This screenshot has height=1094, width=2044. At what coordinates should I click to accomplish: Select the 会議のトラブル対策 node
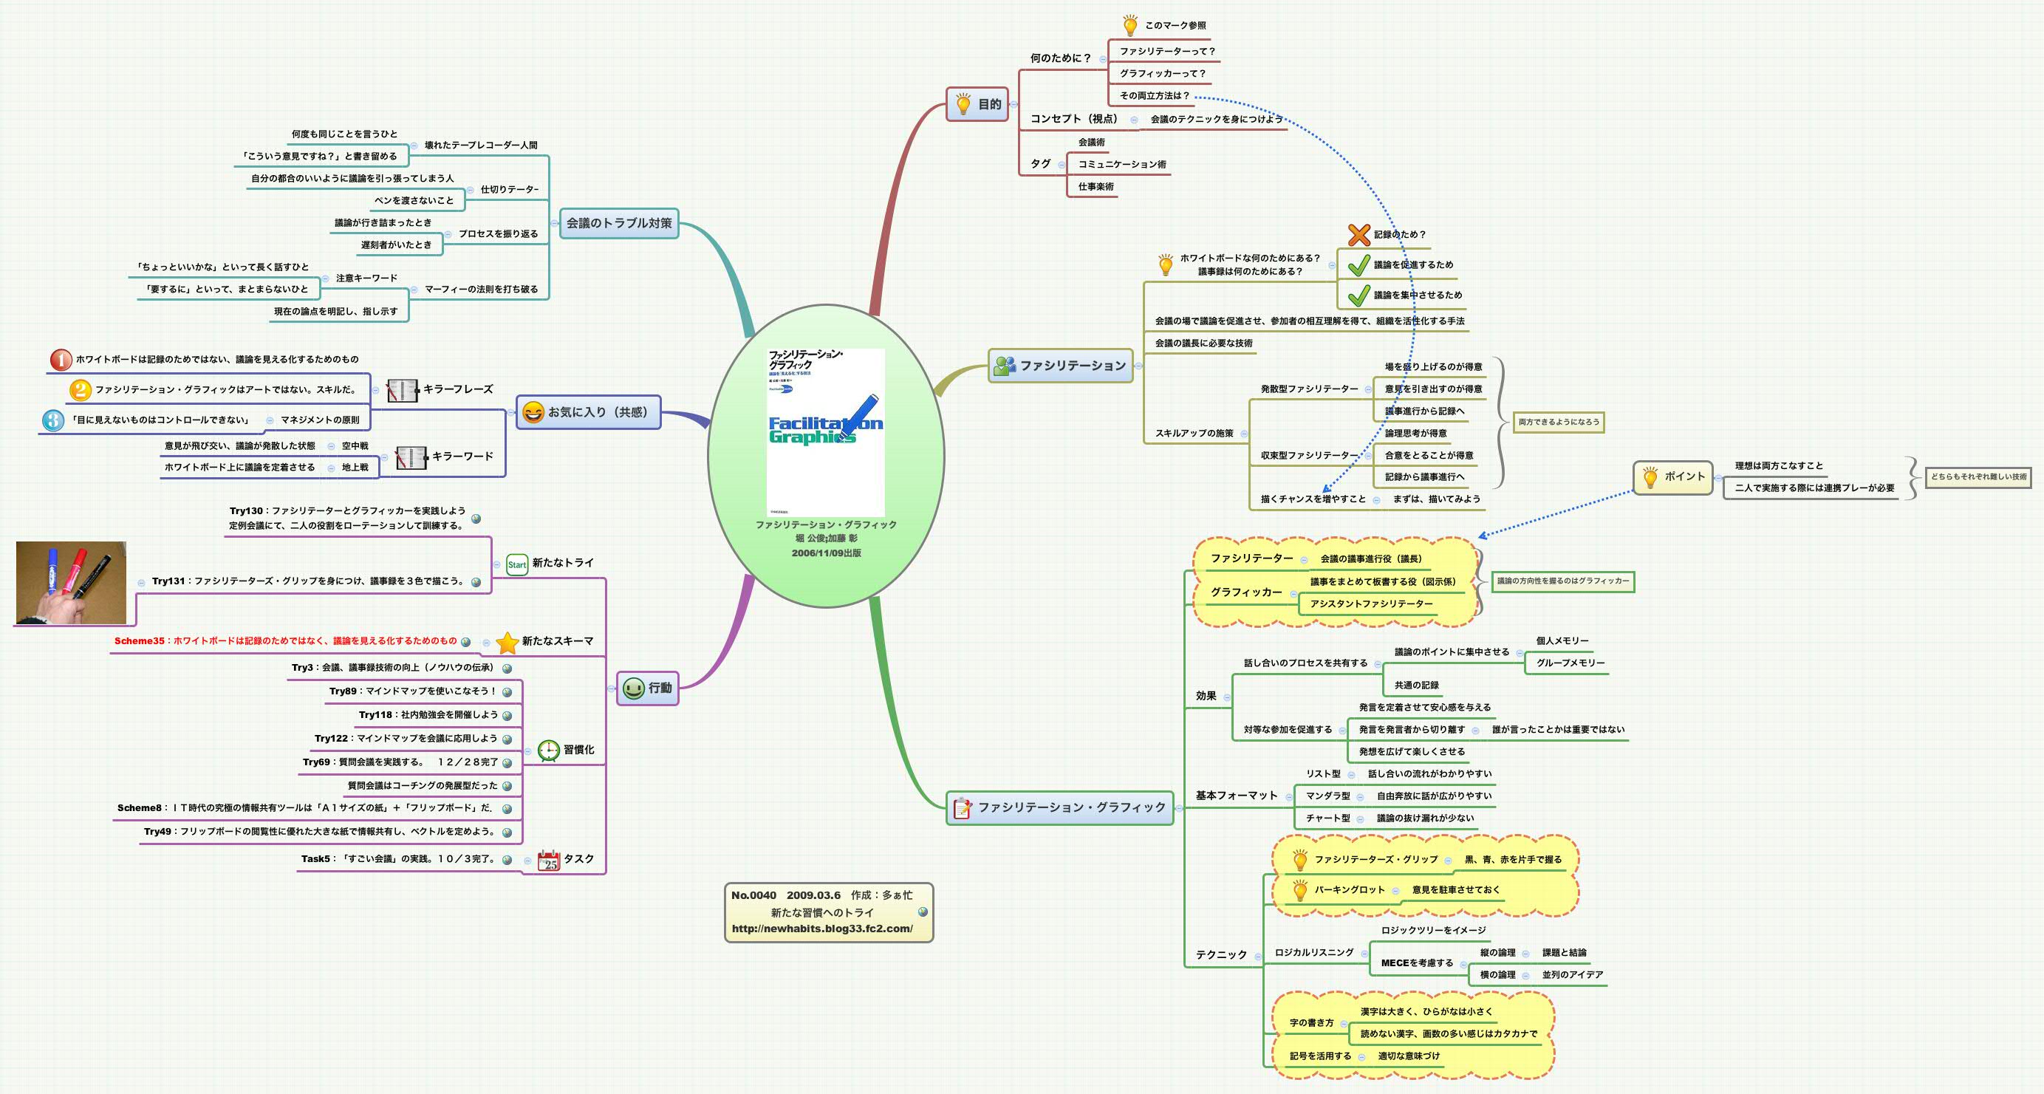(x=619, y=223)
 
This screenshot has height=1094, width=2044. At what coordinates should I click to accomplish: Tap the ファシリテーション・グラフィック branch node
(x=1060, y=807)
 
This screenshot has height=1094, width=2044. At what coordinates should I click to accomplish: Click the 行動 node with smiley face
(x=648, y=688)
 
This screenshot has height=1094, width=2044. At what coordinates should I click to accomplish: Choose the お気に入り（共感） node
(x=588, y=412)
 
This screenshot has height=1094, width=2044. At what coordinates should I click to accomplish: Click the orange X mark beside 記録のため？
(x=1358, y=235)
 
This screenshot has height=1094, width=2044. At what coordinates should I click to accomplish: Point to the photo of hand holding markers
(x=72, y=583)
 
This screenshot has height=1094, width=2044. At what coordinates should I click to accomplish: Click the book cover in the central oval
(x=825, y=432)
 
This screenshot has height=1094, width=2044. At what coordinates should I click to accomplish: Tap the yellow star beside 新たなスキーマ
(x=507, y=642)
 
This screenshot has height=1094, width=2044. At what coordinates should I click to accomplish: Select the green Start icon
(x=516, y=564)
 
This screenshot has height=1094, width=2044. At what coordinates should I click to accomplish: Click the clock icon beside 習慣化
(x=548, y=751)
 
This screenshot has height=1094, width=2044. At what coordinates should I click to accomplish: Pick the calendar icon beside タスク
(x=549, y=861)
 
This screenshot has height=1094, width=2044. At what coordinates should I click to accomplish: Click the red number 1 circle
(x=61, y=360)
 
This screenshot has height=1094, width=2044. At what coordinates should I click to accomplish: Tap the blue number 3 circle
(x=52, y=420)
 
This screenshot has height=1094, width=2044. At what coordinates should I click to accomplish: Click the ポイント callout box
(x=1672, y=476)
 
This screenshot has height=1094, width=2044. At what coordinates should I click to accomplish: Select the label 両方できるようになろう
(x=1559, y=422)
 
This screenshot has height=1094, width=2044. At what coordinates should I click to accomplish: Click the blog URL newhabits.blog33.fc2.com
(x=822, y=929)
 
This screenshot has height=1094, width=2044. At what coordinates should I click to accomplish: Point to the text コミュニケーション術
(x=1122, y=164)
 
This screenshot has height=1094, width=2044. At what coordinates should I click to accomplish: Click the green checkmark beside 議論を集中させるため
(x=1358, y=295)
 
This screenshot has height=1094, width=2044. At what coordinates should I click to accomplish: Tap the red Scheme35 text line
(x=286, y=641)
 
